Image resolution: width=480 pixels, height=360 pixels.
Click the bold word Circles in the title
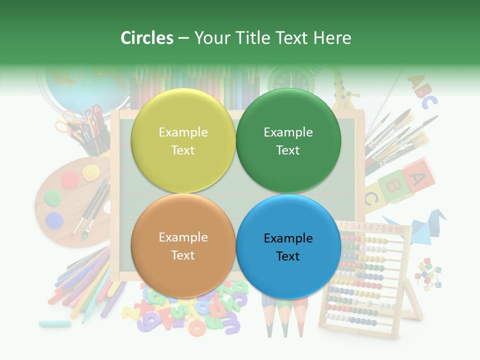coord(147,38)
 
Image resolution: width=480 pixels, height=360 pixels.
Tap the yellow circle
coord(183,141)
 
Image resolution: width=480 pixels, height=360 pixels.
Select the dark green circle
coord(288,141)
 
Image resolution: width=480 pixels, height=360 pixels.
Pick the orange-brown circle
coord(183,246)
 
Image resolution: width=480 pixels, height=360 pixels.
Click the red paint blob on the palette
coord(69,177)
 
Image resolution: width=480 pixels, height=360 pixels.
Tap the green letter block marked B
coord(391,185)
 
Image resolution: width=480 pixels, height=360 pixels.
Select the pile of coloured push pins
coord(429,274)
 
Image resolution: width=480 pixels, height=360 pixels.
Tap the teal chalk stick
coord(55,324)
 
